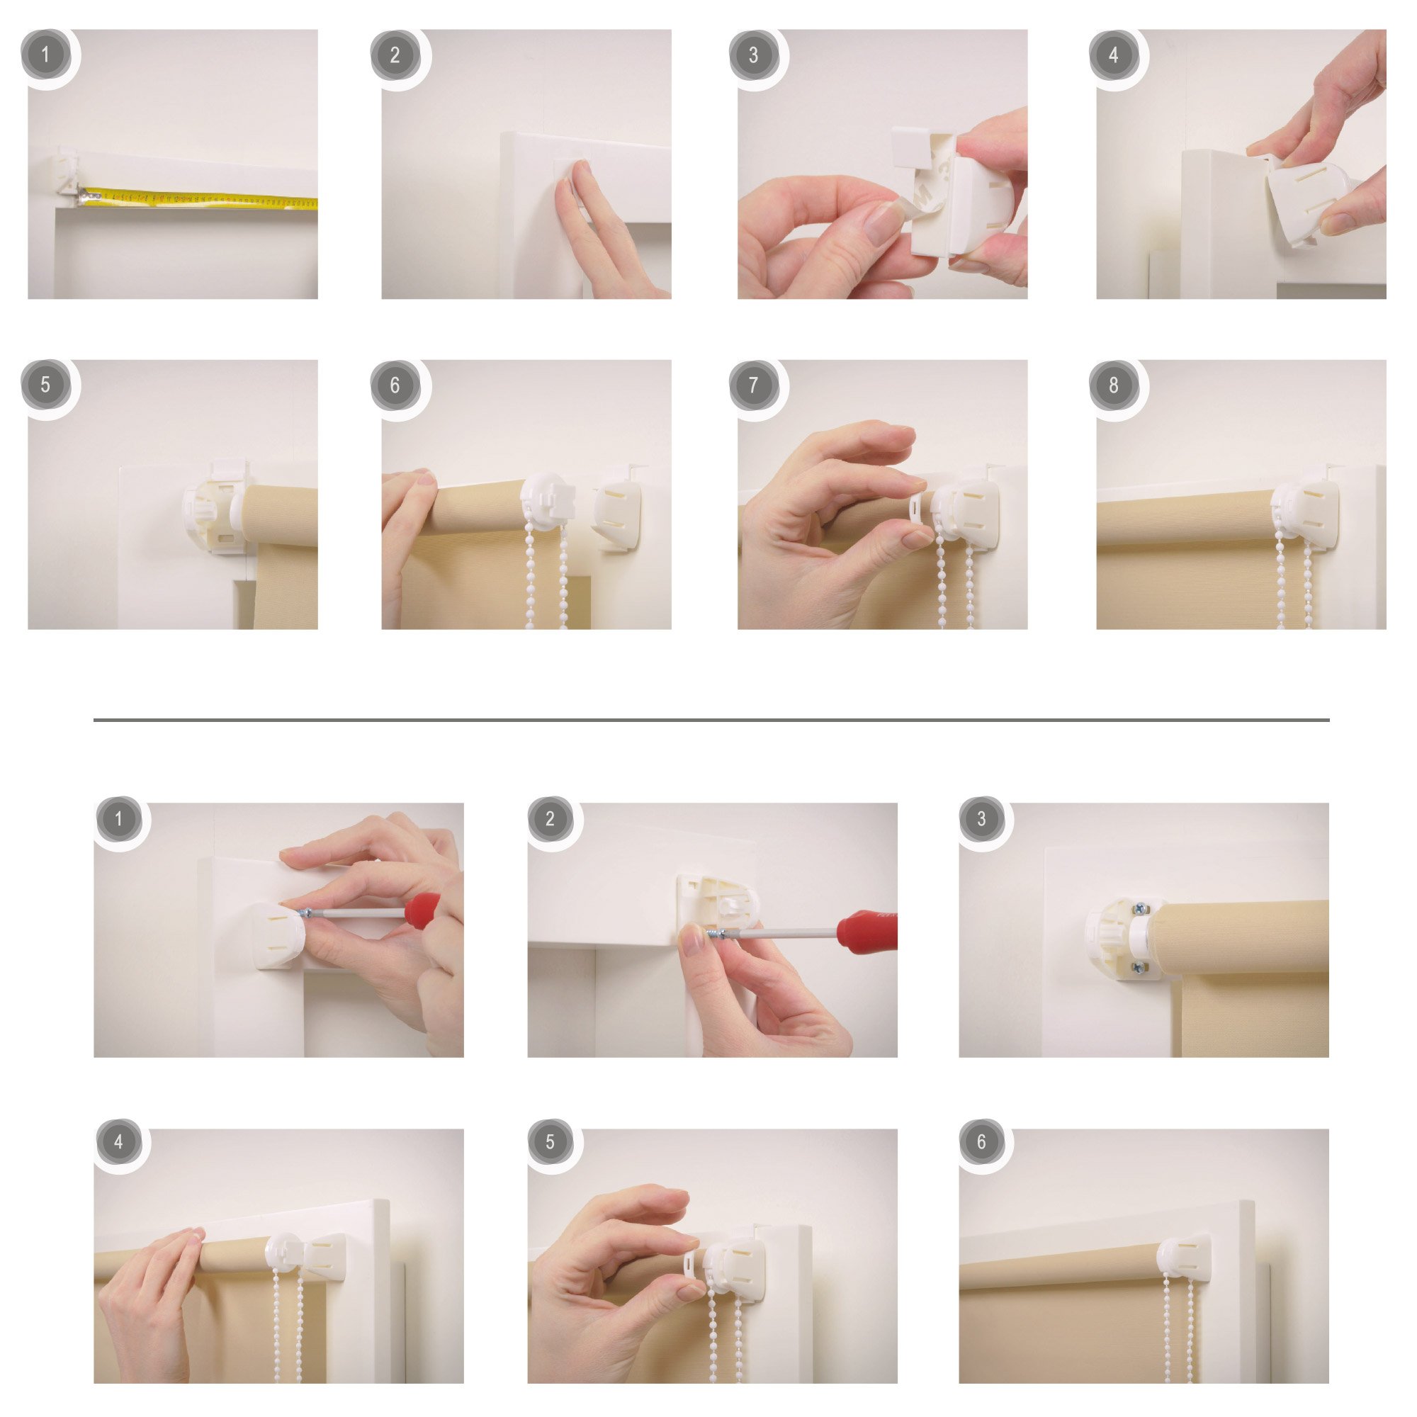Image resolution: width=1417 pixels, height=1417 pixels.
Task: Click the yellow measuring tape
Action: coord(198,199)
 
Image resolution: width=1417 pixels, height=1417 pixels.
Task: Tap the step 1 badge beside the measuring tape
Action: coord(45,55)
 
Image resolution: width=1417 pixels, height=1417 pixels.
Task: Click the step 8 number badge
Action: coord(1113,384)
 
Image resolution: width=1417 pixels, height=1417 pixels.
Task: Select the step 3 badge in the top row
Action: coord(753,55)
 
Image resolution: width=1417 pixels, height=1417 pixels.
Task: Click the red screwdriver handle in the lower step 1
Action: coord(423,911)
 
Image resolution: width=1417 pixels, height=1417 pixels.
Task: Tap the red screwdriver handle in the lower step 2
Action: coord(868,930)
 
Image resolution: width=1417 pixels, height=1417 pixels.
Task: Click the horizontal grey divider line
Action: coord(711,721)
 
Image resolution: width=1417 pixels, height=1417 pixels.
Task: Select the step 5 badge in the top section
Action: coord(45,384)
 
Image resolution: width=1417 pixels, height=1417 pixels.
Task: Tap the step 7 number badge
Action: coord(753,384)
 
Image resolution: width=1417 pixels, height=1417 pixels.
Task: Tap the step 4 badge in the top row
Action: coord(1113,55)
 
